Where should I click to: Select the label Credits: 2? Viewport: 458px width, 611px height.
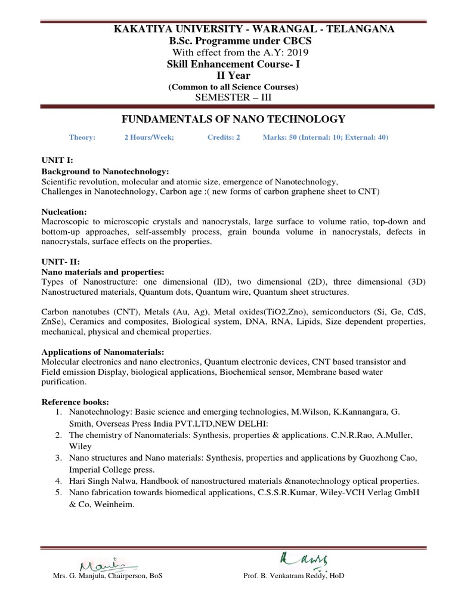point(224,137)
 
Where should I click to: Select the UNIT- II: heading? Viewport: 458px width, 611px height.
point(59,262)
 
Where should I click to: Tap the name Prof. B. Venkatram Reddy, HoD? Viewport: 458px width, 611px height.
point(293,576)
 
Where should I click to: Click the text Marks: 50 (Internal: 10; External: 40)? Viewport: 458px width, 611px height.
point(325,137)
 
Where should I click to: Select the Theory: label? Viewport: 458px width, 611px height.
point(82,137)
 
